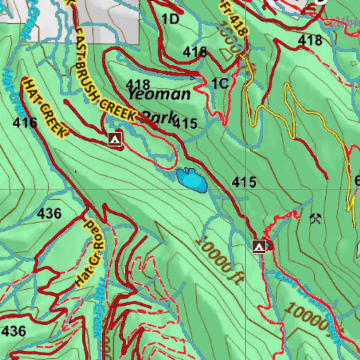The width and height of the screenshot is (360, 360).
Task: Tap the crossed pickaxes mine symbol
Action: coord(315,219)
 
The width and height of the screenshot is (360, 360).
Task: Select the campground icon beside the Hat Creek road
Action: coord(115,139)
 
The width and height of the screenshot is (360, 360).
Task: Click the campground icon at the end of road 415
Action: coord(259,246)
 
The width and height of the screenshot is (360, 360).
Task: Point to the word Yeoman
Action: coord(159,94)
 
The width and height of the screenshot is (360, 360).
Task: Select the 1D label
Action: coord(170,19)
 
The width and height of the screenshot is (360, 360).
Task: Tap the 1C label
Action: coord(220,84)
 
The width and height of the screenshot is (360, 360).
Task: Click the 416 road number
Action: coord(25,123)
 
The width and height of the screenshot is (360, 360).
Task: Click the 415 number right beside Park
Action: coord(185,123)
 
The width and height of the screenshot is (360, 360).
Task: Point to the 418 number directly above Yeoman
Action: coord(138,84)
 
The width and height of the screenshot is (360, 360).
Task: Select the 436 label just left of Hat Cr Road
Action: coord(49,213)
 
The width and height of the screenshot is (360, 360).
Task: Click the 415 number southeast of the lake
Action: coord(244,182)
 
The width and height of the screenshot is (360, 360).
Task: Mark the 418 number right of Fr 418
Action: coord(310,40)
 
